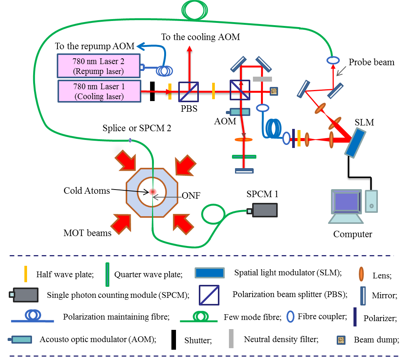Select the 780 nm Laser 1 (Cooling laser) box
99,91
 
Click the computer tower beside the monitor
371,201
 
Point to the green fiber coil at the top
195,10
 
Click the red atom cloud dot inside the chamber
153,192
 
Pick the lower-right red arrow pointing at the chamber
183,223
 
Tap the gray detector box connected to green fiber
264,210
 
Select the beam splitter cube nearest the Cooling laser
189,92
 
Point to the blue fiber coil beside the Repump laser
165,71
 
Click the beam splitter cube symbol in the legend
209,295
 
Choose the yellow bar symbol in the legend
26,273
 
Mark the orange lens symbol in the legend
361,273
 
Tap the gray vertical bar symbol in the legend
231,338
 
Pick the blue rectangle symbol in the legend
209,273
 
